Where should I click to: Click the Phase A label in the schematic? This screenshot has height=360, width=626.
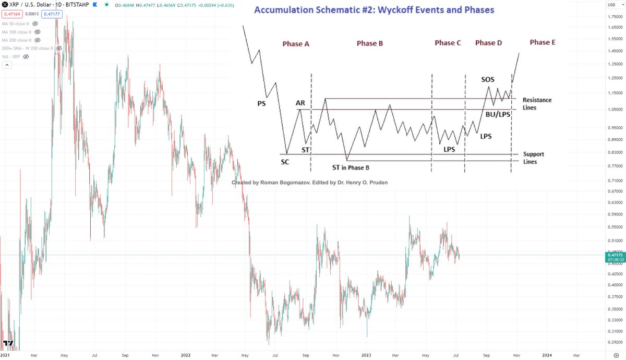(296, 44)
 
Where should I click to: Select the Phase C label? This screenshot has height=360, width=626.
(448, 43)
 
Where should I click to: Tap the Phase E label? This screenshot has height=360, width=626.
(542, 42)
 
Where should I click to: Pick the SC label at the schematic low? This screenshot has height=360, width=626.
(285, 162)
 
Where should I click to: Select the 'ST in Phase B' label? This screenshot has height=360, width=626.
(351, 167)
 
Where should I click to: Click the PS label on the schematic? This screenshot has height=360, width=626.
(261, 103)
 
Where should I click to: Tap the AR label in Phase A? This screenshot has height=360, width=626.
(300, 103)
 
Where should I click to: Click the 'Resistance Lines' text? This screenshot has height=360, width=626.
(537, 103)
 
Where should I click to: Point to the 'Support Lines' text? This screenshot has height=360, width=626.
(534, 158)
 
